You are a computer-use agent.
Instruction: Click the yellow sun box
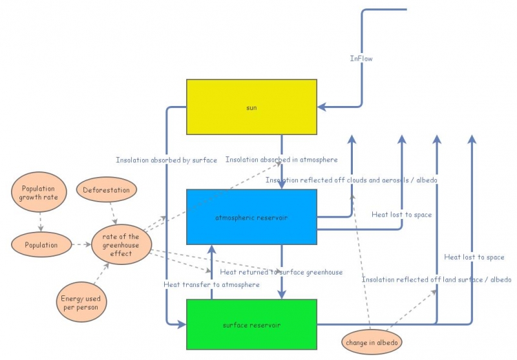pos(251,107)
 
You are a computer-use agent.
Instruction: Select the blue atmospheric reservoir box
pos(251,217)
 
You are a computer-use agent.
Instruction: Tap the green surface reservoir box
pos(251,324)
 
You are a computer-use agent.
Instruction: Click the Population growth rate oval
pos(39,192)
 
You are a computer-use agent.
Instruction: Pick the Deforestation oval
pos(107,190)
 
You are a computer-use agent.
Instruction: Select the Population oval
pos(41,245)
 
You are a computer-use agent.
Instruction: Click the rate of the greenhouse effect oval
pos(121,244)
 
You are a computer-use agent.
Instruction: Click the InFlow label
pos(361,59)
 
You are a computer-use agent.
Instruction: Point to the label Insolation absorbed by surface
pos(166,160)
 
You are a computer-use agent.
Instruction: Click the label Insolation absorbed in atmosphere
pos(281,159)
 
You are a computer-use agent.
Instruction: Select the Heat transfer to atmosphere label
pos(211,284)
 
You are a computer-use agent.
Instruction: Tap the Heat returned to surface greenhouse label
pos(281,272)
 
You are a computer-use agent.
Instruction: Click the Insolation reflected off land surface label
pos(436,280)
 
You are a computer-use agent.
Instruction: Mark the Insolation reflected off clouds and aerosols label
pos(352,180)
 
